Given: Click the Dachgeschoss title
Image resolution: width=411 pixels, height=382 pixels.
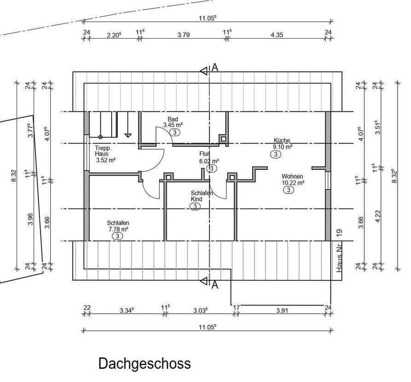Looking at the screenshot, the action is [x=145, y=364].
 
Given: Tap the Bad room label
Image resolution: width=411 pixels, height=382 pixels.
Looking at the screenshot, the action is [x=173, y=119].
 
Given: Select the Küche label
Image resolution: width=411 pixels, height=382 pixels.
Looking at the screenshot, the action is [x=282, y=140].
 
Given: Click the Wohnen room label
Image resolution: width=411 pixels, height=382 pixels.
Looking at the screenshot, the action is [x=292, y=176].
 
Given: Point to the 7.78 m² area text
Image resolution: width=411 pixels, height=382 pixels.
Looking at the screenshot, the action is [x=118, y=229].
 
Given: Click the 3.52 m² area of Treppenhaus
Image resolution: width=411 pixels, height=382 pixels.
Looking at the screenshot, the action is [x=106, y=160].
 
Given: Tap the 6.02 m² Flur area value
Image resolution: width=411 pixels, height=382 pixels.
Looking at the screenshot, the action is [x=209, y=161].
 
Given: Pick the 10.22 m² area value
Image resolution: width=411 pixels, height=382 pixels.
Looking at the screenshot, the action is [x=293, y=183].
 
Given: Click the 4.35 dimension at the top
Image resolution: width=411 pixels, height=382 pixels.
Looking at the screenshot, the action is [x=277, y=35].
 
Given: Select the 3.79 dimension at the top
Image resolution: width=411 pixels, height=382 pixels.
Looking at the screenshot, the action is [x=184, y=35].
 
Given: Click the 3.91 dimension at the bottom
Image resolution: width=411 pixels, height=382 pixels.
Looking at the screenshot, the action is [x=282, y=311].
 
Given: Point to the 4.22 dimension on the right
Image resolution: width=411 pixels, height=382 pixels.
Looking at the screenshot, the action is [x=378, y=216].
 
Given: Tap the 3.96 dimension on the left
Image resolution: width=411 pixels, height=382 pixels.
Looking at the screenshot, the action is [x=31, y=219].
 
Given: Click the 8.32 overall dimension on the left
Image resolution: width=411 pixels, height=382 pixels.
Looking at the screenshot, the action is [x=14, y=176].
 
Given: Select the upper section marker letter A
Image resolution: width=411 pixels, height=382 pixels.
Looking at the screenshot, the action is [x=215, y=68].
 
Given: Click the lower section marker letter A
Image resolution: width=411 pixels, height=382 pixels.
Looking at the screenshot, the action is [x=215, y=284].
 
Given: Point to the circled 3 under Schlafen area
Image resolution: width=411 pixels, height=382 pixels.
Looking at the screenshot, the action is [x=117, y=236].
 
